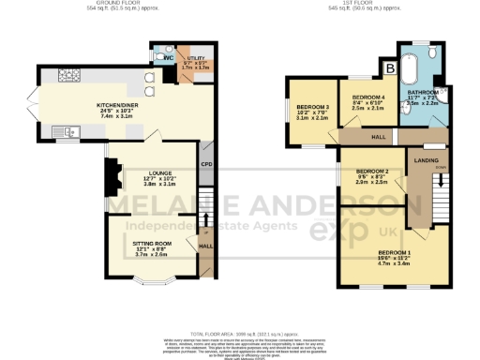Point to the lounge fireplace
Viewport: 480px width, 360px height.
click(x=111, y=174)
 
